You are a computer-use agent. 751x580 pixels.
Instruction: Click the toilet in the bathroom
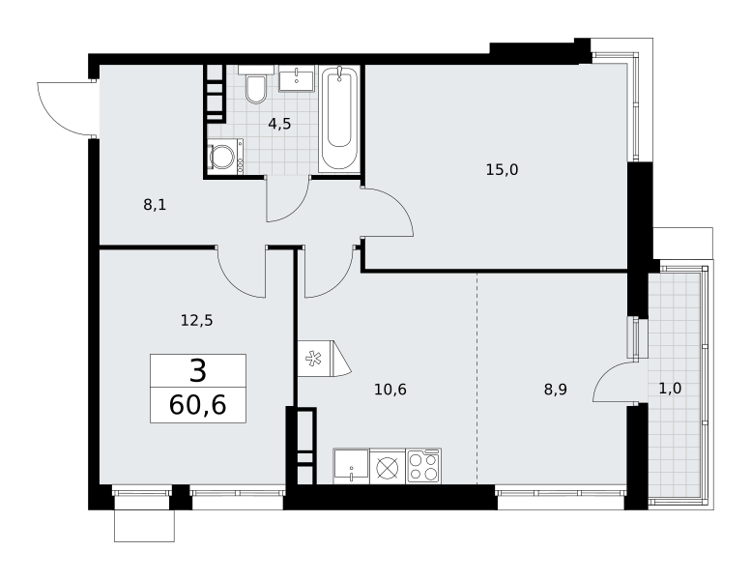[256, 85]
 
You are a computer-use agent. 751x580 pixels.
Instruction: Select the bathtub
[339, 118]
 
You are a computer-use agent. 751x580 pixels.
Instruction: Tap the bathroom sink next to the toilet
[297, 78]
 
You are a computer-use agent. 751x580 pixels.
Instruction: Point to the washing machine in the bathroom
[225, 157]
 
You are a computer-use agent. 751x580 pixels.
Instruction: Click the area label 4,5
[279, 124]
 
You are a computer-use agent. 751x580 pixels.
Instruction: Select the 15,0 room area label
[502, 169]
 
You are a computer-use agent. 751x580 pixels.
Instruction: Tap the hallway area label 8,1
[155, 205]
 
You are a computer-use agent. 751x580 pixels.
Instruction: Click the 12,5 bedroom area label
[197, 320]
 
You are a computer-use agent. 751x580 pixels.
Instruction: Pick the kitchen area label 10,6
[390, 390]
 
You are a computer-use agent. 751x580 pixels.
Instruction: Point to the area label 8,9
[556, 390]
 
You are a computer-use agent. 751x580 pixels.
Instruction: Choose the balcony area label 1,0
[670, 389]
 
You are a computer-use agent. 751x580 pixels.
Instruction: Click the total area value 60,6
[198, 405]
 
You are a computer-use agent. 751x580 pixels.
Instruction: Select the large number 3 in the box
[198, 370]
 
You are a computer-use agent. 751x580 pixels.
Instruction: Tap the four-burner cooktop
[423, 467]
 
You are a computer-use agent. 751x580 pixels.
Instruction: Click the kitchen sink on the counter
[351, 467]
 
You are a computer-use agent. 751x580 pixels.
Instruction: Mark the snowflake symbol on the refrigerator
[314, 359]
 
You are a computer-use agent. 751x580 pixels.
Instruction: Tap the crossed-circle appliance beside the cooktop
[388, 467]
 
